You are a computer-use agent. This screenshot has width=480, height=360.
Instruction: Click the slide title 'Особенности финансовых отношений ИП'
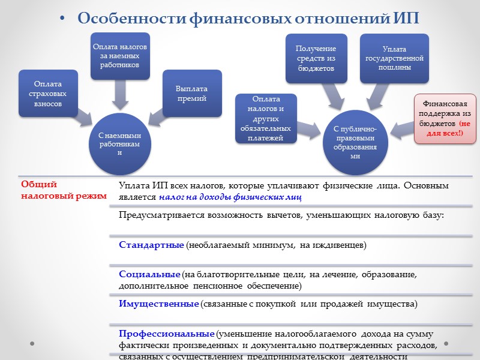(x=248, y=19)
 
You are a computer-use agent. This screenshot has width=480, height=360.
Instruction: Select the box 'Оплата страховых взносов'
(x=47, y=93)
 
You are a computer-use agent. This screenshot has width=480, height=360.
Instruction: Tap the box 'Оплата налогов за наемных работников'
(x=120, y=56)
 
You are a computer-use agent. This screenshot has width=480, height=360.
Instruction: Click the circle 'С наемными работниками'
(x=119, y=143)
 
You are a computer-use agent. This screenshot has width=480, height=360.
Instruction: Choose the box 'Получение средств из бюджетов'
(x=316, y=58)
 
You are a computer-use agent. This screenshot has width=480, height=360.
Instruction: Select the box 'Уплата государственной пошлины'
(x=394, y=58)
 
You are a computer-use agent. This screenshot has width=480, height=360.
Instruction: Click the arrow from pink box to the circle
(x=401, y=127)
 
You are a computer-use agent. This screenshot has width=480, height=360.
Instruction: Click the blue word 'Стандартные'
(x=151, y=245)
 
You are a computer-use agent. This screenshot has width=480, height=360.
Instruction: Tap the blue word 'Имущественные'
(x=158, y=304)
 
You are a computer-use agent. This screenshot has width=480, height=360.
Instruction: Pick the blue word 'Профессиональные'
(x=166, y=333)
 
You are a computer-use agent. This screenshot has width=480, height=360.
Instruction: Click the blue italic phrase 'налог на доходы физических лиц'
(x=230, y=196)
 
